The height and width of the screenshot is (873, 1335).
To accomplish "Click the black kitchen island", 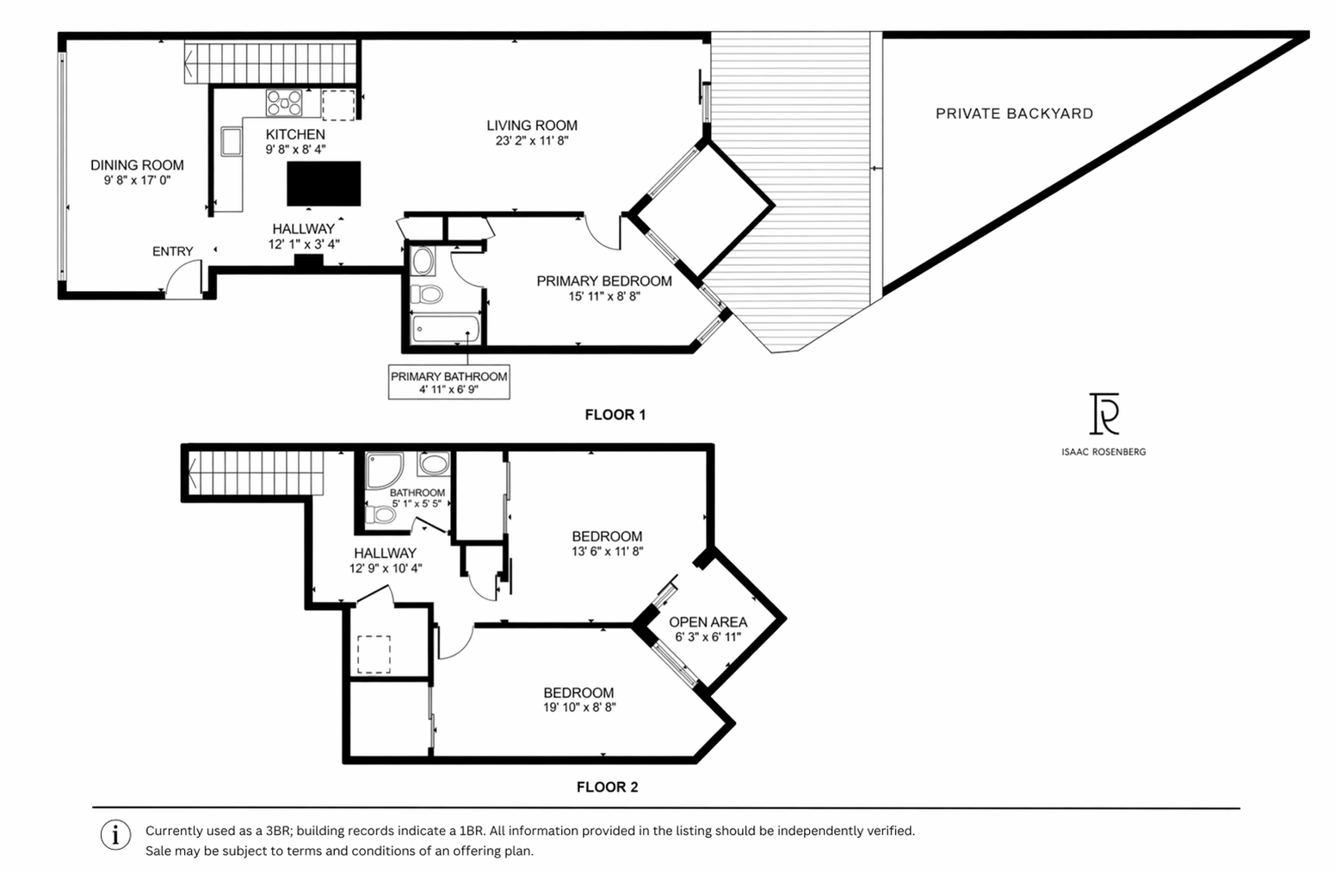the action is click(x=324, y=183).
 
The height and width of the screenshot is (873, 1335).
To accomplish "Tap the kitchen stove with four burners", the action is click(x=284, y=102).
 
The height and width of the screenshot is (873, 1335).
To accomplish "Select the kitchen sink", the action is click(x=232, y=142).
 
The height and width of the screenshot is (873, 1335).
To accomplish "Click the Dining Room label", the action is click(x=137, y=165).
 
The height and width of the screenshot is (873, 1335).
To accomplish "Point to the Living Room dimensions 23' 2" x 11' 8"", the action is click(x=532, y=140).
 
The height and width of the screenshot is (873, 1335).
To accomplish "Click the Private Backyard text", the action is click(x=1014, y=114).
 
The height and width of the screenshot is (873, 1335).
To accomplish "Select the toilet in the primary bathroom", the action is click(x=427, y=294).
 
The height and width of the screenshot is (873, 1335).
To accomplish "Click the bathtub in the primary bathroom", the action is click(x=446, y=329).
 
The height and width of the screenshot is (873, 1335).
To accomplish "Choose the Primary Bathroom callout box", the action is click(x=448, y=381).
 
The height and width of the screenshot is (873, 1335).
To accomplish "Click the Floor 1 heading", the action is click(x=615, y=415).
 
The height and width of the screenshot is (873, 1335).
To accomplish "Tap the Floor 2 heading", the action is click(x=608, y=787).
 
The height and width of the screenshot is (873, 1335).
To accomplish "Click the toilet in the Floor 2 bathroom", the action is click(x=380, y=515).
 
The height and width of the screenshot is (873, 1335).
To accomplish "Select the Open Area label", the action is click(x=708, y=622).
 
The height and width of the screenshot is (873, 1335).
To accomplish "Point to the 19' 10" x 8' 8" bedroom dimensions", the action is click(x=579, y=707).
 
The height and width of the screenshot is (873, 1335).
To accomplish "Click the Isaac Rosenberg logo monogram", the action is click(x=1103, y=413).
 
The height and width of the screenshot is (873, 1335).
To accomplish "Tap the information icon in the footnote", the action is click(x=115, y=835).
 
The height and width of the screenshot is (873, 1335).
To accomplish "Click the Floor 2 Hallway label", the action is click(x=385, y=553).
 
